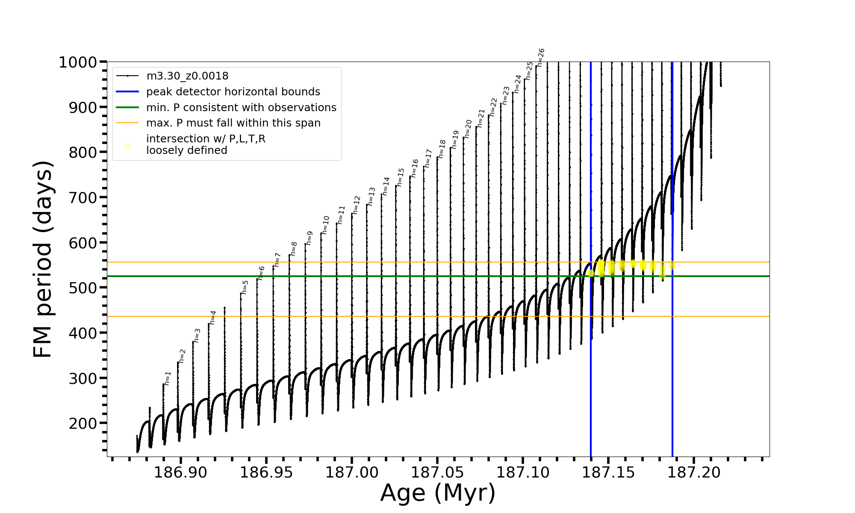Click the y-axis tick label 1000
pos(78,62)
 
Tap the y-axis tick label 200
pos(83,423)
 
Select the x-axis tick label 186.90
pos(180,472)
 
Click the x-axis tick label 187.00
pos(352,472)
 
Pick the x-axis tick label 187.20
pos(694,472)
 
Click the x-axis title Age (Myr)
pos(438,493)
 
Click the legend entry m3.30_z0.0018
pos(187,76)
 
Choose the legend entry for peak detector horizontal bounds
pos(233,92)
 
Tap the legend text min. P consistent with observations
pos(241,108)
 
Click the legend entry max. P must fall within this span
pos(233,123)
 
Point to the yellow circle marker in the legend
pos(127,146)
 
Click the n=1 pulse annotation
pos(168,378)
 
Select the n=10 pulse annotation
pos(326,225)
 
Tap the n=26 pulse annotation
pos(541,57)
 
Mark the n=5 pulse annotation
pos(245,287)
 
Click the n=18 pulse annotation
pos(442,149)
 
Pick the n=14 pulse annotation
pos(386,186)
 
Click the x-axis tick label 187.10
pos(523,472)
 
